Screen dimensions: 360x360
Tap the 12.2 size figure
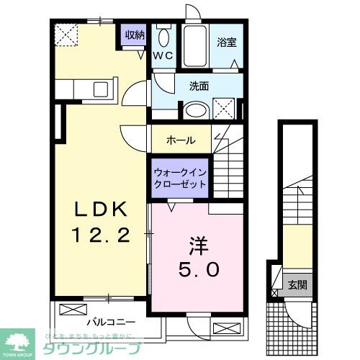102,234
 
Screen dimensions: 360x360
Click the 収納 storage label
135,35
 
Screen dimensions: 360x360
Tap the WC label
161,55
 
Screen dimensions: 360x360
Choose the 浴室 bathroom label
227,42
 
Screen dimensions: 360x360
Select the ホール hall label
180,140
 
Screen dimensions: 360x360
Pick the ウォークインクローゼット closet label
180,178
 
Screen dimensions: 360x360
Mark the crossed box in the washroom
225,109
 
